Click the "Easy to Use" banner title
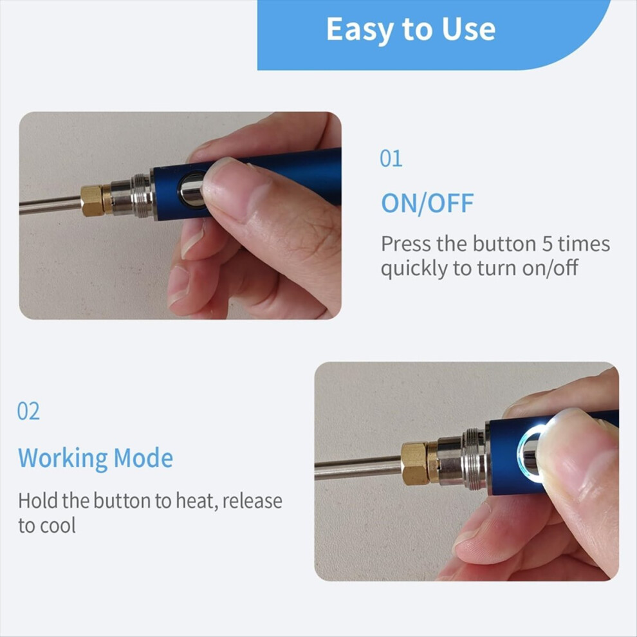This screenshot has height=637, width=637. (411, 29)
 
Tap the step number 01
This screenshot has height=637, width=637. (391, 158)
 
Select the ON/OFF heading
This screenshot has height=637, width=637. (427, 203)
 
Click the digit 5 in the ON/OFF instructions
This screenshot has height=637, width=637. (547, 244)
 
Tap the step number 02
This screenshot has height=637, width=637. (28, 411)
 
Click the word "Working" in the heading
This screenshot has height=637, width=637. (63, 459)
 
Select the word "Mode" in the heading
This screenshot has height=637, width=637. (143, 458)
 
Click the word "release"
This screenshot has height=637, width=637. (252, 501)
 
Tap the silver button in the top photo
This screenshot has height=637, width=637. (192, 190)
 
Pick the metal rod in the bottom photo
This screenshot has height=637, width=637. (358, 468)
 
